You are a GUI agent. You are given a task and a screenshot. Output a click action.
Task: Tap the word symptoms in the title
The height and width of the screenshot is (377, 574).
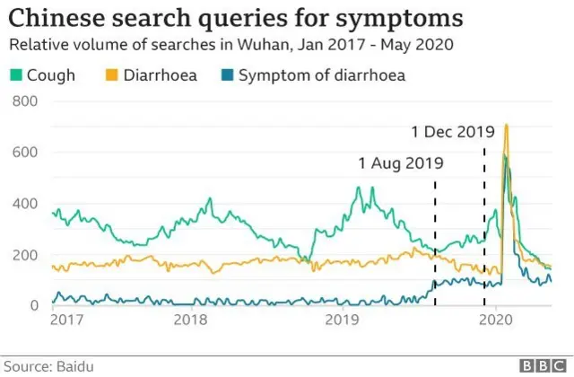pyautogui.click(x=402, y=17)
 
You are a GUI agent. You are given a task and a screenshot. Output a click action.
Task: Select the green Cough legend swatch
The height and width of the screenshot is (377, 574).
pyautogui.click(x=17, y=75)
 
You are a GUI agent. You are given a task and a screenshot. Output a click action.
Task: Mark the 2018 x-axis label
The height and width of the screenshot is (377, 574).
pyautogui.click(x=190, y=319)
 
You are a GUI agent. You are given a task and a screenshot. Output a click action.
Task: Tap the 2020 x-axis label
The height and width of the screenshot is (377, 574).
pyautogui.click(x=494, y=319)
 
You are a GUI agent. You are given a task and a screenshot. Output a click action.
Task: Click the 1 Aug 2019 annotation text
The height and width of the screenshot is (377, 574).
pyautogui.click(x=401, y=163)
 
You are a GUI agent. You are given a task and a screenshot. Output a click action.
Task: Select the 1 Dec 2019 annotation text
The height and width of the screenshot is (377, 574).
pyautogui.click(x=453, y=132)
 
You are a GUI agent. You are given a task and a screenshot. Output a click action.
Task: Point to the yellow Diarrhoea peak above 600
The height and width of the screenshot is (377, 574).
pyautogui.click(x=507, y=127)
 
